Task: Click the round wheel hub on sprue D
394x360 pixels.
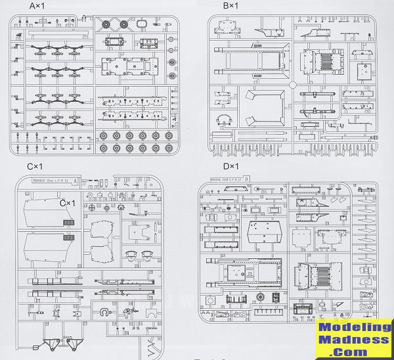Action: tap(261, 298)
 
